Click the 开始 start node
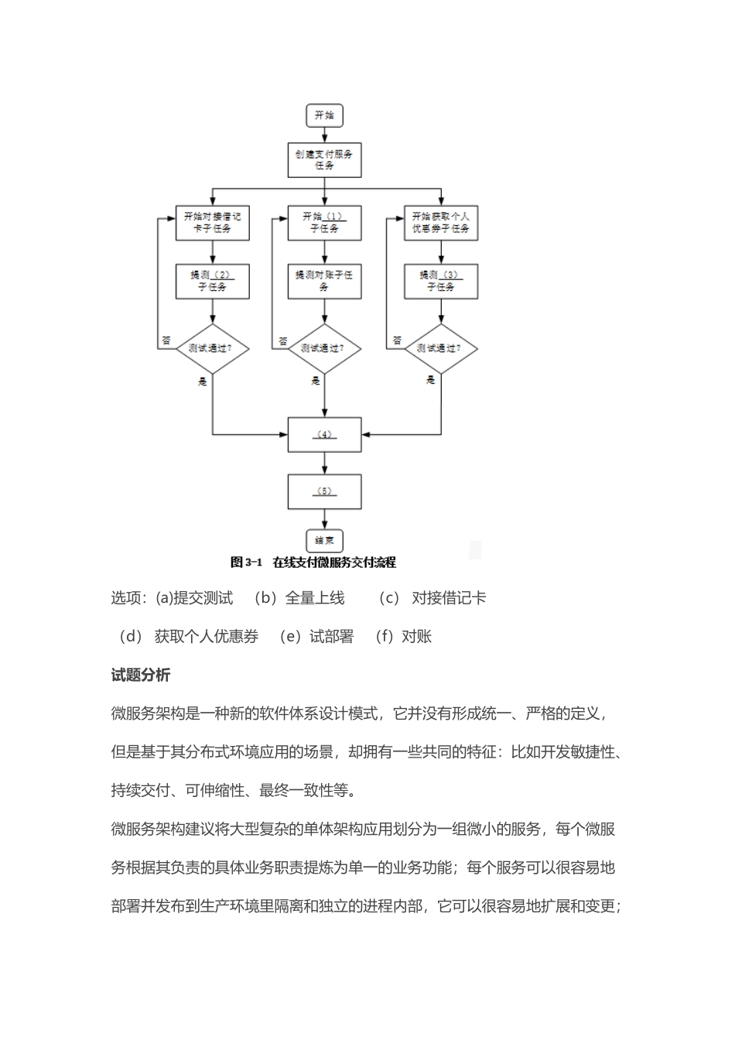[x=324, y=116]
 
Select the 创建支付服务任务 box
[x=324, y=160]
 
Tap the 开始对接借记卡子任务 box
[x=212, y=222]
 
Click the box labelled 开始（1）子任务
[x=324, y=222]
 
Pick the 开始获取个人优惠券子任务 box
[x=441, y=222]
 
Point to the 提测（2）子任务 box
[x=212, y=281]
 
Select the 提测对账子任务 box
[x=324, y=281]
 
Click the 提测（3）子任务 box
[x=441, y=281]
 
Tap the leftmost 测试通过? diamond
[x=212, y=349]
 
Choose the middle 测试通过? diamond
[x=324, y=349]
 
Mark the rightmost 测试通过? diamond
[x=441, y=349]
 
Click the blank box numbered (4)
[x=324, y=435]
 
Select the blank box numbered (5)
[x=324, y=491]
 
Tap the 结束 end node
[x=324, y=540]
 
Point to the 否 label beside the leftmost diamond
[x=166, y=340]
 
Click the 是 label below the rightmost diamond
[x=430, y=380]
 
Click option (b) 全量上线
[x=299, y=598]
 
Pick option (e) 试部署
[x=316, y=637]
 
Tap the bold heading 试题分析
[x=141, y=676]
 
